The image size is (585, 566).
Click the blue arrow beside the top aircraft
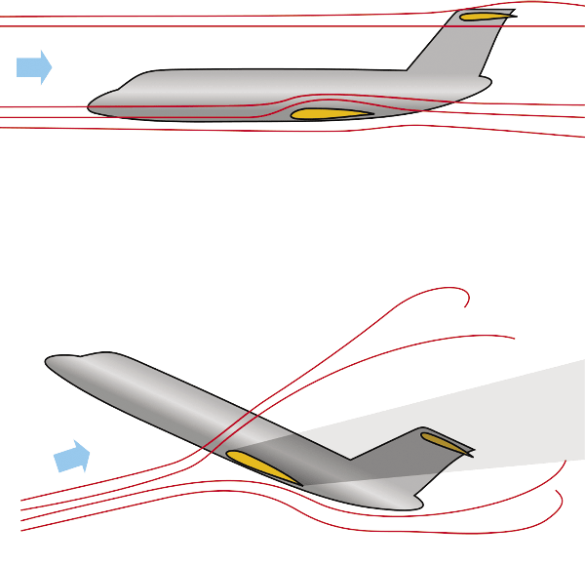33,66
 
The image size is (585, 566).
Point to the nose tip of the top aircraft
90,105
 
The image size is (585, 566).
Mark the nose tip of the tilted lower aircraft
46,362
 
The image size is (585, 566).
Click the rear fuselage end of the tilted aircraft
419,502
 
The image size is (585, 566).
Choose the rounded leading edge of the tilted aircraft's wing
230,454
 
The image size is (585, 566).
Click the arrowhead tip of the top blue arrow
51,66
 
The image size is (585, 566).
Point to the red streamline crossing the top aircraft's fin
468,26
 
